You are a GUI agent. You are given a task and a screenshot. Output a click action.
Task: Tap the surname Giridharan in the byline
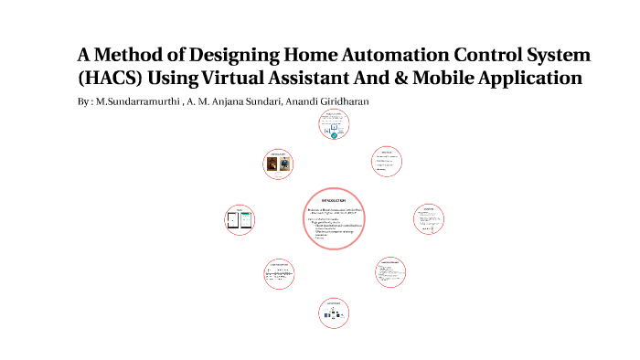[336, 101]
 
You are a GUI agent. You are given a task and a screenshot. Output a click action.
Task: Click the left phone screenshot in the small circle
[231, 219]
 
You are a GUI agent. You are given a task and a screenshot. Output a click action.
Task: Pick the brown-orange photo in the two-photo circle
[273, 165]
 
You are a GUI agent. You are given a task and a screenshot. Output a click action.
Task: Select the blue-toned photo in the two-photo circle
[285, 165]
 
